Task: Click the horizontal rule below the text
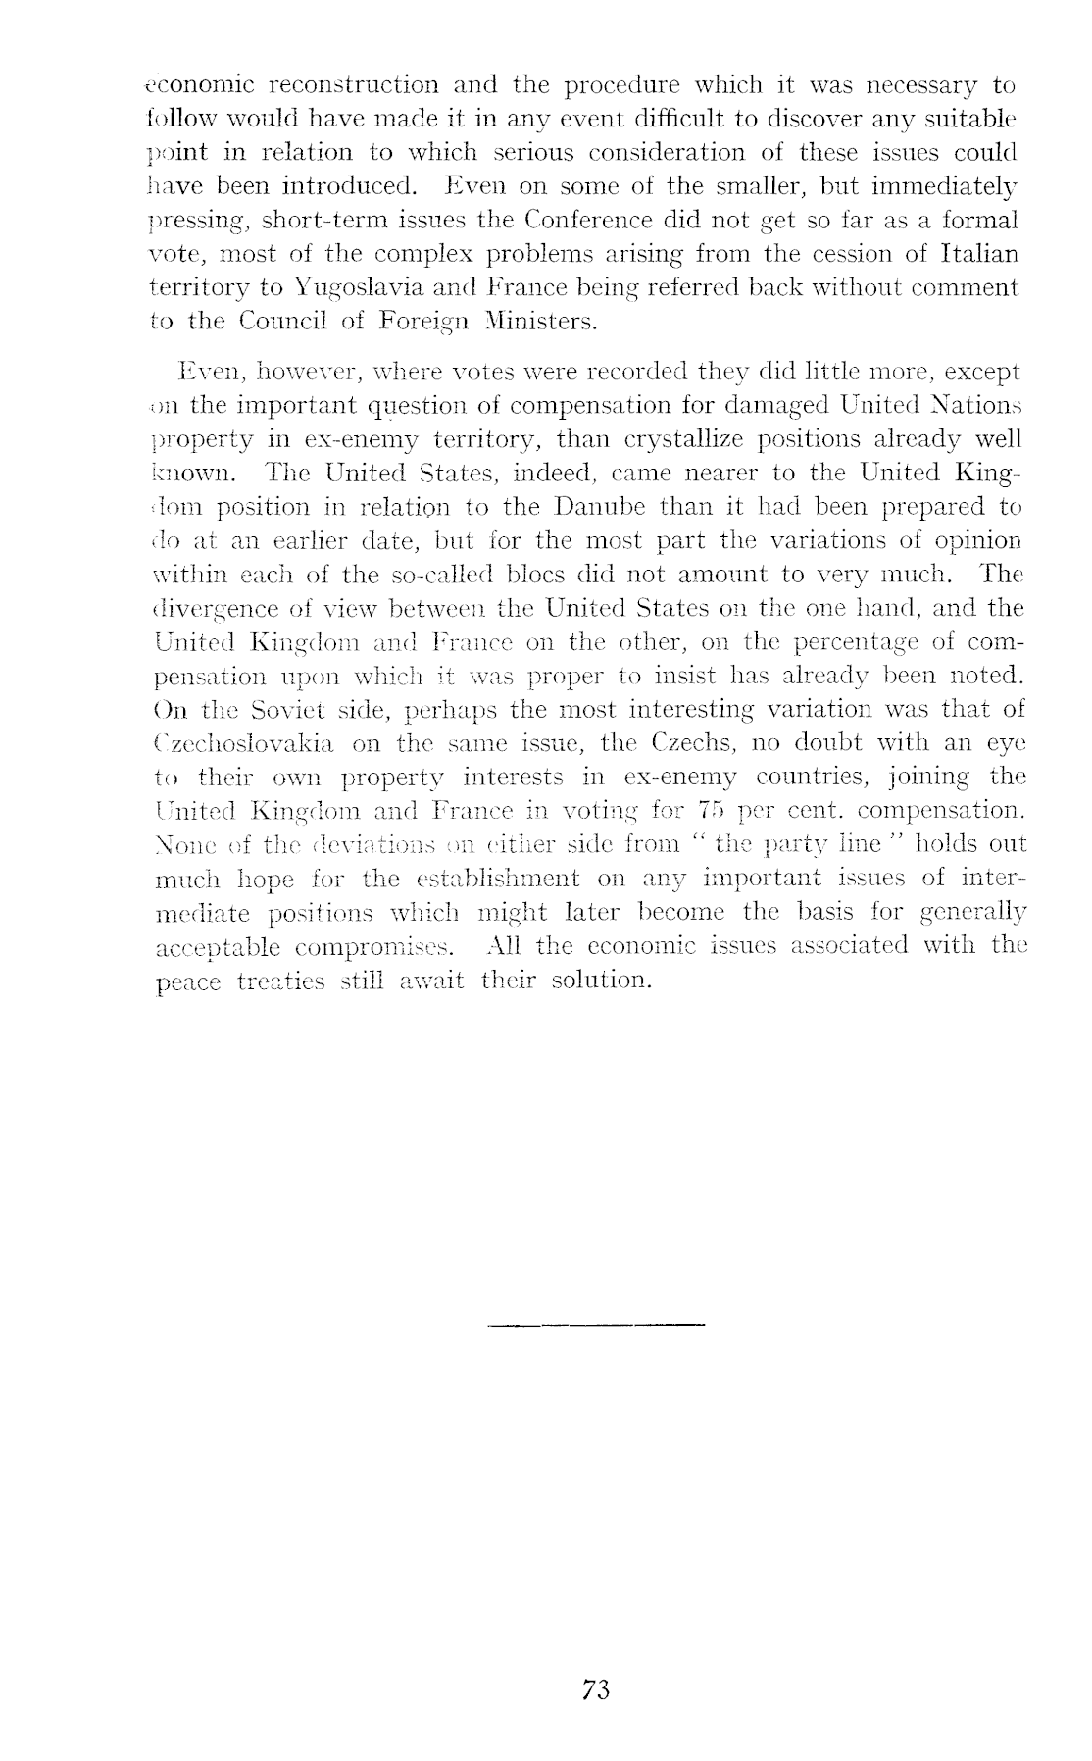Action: (596, 1326)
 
